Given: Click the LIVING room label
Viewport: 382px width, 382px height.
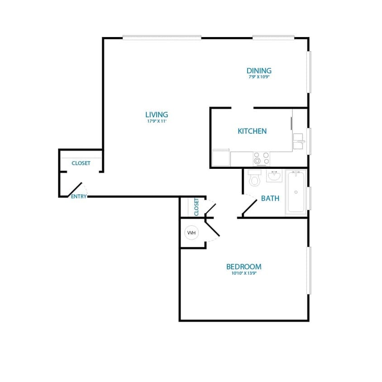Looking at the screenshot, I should [157, 115].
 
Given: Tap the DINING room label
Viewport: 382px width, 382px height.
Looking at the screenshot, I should [259, 71].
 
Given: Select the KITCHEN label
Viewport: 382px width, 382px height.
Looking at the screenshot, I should [252, 131].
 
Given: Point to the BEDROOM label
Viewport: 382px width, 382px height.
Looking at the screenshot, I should [244, 267].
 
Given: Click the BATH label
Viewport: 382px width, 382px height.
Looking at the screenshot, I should [270, 198].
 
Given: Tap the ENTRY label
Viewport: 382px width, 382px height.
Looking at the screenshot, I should [78, 196].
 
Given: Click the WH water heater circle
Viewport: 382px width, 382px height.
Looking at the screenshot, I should [191, 233].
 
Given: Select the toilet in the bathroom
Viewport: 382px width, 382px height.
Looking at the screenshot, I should [254, 178].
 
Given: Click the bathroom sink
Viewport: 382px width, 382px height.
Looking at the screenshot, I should [274, 176].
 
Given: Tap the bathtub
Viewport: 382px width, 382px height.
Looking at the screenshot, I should [296, 192].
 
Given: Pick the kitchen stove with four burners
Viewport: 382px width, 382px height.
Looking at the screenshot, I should [261, 158].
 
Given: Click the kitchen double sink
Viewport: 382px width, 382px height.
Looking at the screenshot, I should [298, 141].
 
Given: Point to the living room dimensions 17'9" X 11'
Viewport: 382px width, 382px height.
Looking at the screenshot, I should [157, 121].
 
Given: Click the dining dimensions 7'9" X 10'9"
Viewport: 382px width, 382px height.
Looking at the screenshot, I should [259, 77].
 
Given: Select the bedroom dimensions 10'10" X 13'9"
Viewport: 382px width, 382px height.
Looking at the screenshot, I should [244, 273].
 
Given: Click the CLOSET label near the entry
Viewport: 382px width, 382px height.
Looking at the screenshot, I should [81, 163].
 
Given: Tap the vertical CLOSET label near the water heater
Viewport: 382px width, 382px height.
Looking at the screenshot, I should [196, 207].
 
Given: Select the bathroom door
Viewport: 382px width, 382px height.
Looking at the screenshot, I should [249, 206].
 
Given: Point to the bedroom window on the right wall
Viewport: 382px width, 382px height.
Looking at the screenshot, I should [310, 270].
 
